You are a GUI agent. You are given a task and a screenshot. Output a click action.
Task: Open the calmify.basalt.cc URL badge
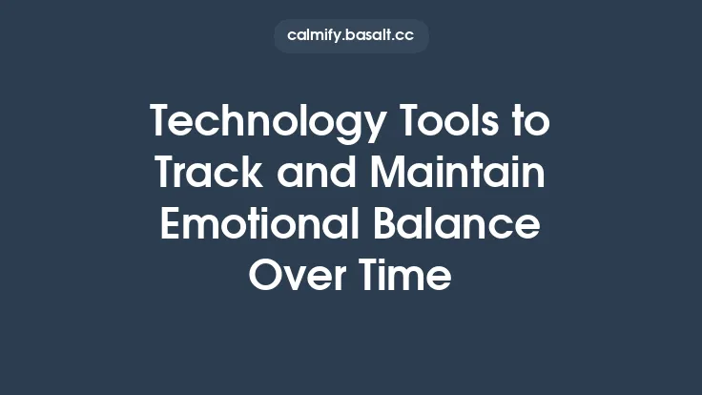(351, 36)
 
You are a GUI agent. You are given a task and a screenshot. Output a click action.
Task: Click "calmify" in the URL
(314, 36)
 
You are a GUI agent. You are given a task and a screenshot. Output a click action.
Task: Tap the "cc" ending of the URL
(405, 36)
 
